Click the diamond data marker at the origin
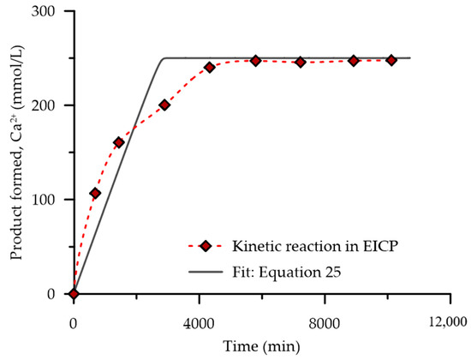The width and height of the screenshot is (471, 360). click(74, 293)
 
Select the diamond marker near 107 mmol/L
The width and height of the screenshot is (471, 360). click(95, 194)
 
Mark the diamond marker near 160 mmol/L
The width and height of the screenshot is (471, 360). click(119, 142)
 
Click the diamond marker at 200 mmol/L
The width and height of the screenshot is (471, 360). click(164, 105)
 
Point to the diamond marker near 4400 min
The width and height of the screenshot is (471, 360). click(210, 67)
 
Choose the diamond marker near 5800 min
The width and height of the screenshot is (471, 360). click(255, 61)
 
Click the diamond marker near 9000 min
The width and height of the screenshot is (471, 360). click(353, 61)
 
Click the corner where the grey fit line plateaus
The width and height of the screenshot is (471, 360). click(164, 58)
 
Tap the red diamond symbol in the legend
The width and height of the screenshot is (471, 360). click(206, 246)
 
